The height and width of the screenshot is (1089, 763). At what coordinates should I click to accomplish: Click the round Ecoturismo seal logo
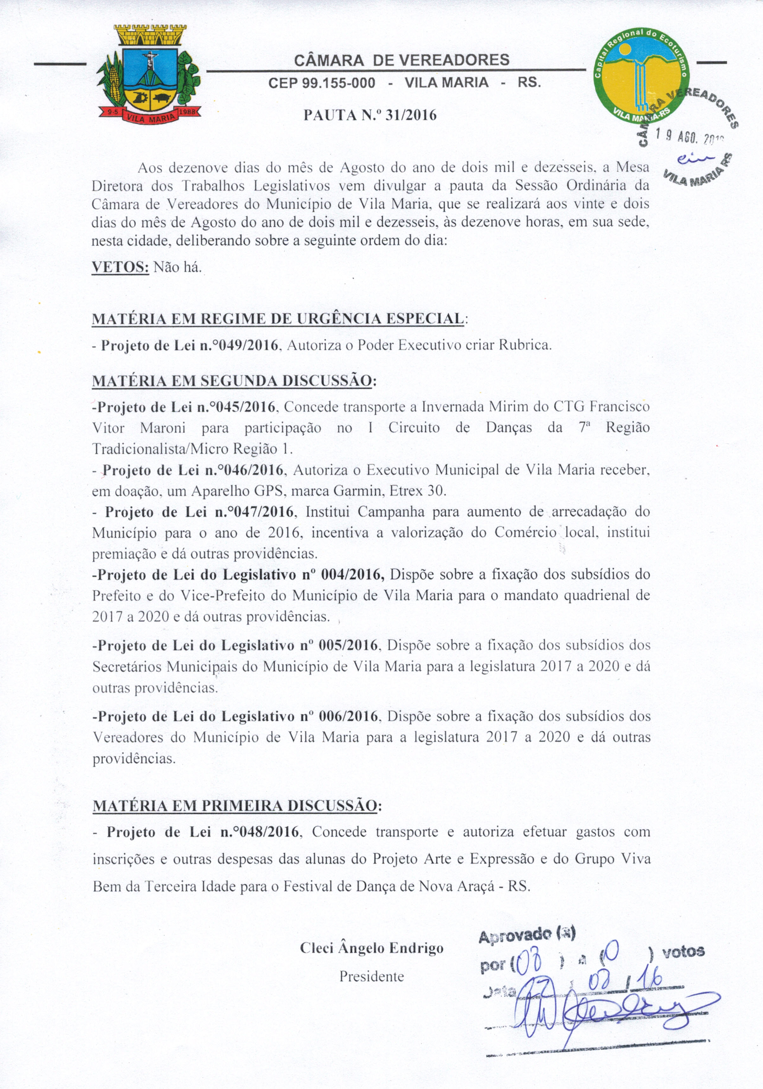coord(642,75)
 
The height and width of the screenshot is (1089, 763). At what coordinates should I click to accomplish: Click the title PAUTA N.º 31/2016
coord(370,115)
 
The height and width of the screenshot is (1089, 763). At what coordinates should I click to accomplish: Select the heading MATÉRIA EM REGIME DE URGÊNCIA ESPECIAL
coord(278,319)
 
